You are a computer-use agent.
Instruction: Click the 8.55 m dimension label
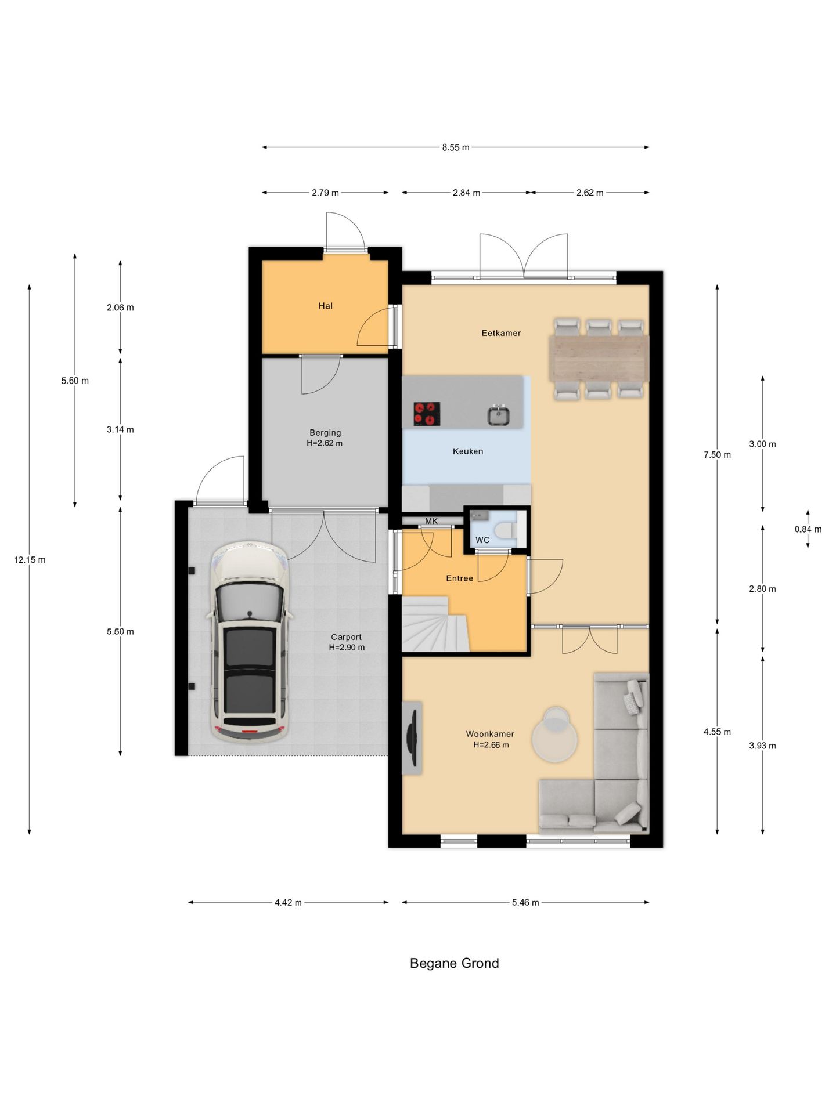455,147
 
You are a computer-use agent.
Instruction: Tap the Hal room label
325,306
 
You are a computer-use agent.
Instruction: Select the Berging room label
325,432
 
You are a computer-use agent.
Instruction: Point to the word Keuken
468,451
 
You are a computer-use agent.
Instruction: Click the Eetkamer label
501,333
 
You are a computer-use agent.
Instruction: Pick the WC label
482,540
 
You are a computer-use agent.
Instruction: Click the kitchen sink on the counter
498,415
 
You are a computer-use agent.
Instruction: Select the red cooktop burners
426,414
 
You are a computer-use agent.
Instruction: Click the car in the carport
250,642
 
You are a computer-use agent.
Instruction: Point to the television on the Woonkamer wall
412,737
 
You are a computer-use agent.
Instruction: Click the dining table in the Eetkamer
599,358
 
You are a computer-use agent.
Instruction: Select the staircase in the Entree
435,624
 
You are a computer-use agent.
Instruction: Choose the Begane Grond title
454,963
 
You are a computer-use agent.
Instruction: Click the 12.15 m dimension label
30,560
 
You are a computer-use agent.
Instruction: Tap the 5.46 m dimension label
525,902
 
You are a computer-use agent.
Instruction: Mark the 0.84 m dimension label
808,529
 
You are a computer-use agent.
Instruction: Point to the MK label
431,521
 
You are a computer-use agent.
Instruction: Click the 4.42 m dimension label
288,902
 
